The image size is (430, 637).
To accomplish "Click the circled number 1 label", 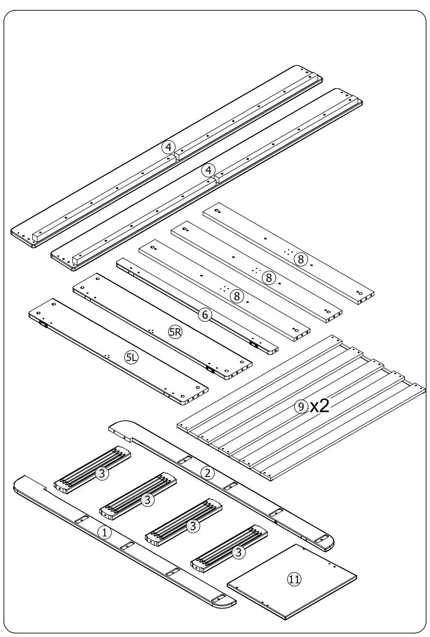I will point(105,531).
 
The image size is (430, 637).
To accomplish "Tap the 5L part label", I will point(132,358).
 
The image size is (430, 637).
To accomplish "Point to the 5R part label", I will point(175,332).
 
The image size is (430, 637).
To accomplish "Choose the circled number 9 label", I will point(300,406).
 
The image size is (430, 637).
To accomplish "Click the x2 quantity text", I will point(319,406).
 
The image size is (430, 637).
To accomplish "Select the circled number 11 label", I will point(295,578).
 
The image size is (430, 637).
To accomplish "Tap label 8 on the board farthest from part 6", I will point(300,260).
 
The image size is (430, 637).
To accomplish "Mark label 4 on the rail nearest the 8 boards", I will point(208,170).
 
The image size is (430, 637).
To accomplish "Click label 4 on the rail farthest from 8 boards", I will point(169,146).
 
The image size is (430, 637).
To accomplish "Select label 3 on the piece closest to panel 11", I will point(238,553).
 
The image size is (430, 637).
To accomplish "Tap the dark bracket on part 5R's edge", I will point(209,369).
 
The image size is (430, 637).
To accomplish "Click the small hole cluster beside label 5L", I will point(109,356).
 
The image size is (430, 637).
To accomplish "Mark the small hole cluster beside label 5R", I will point(151,330).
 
